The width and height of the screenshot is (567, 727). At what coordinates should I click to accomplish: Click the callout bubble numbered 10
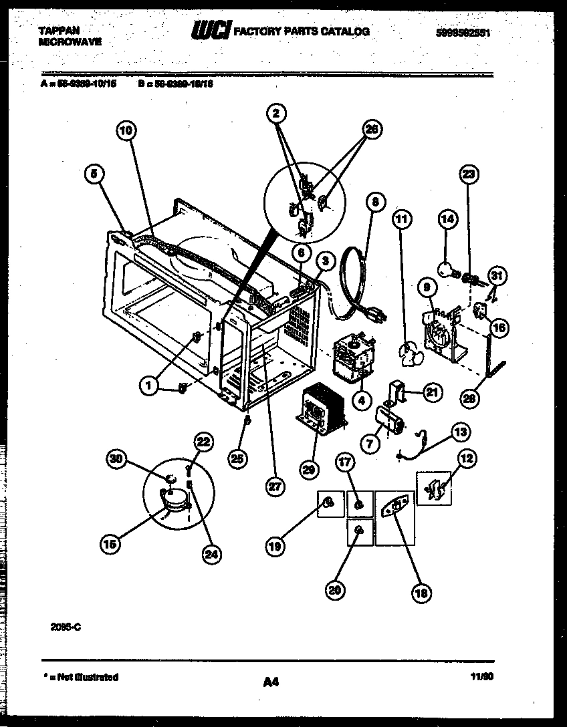[x=125, y=131]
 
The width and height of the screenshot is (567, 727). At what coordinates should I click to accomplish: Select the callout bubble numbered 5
[x=95, y=174]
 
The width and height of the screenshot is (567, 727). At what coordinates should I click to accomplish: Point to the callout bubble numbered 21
[x=433, y=393]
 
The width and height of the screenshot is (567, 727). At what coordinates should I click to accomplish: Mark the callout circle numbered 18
[x=422, y=591]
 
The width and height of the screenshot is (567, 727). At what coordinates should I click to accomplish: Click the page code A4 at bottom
[x=270, y=682]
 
